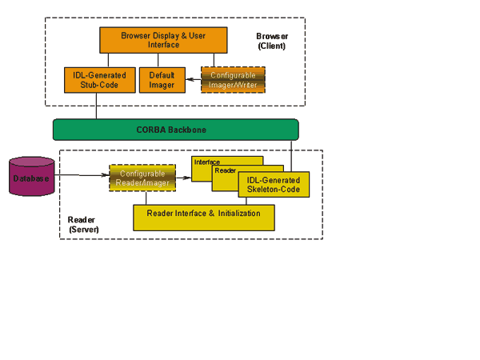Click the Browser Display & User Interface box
(162, 40)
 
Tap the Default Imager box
(162, 80)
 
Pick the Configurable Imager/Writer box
(233, 80)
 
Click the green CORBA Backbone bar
(175, 130)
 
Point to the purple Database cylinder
(31, 177)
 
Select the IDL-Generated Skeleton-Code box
(274, 186)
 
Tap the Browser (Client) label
(271, 42)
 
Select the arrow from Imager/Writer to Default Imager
(193, 79)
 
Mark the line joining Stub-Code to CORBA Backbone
(96, 106)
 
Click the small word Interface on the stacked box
(207, 162)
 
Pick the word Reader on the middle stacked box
(225, 170)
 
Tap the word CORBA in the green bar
(153, 130)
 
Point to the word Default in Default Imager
(162, 74)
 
